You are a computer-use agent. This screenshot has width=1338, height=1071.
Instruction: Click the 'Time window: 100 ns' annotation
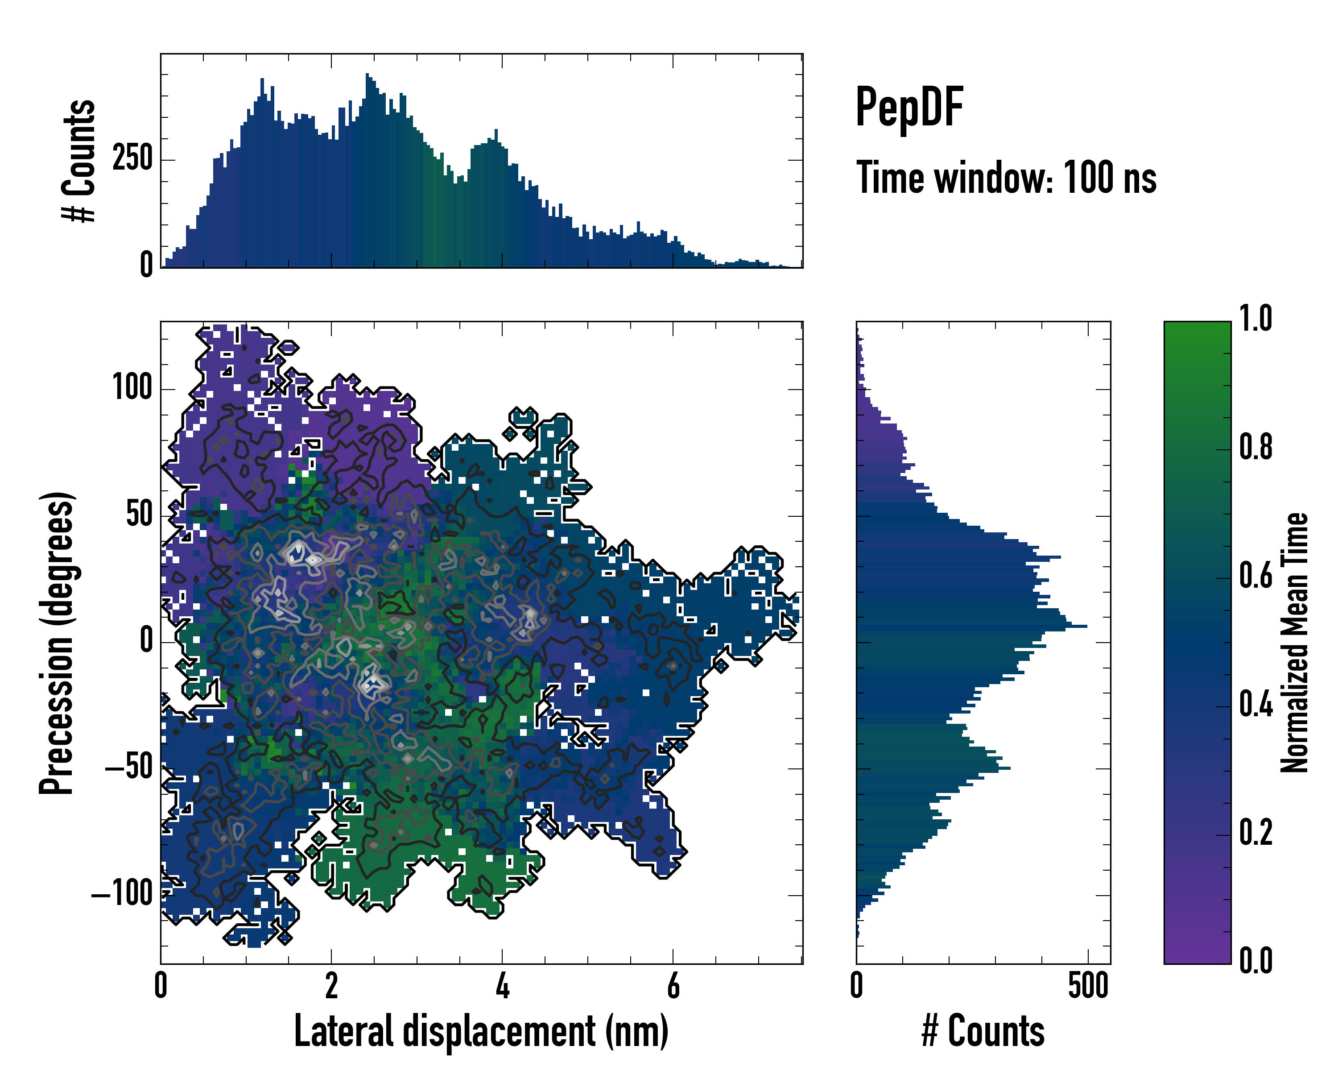pyautogui.click(x=1006, y=178)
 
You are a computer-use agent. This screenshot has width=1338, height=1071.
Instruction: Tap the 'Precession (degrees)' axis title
pyautogui.click(x=57, y=643)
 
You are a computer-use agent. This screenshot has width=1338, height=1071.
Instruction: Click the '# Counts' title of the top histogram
pyautogui.click(x=79, y=160)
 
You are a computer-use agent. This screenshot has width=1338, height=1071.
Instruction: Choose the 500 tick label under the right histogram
pyautogui.click(x=1088, y=986)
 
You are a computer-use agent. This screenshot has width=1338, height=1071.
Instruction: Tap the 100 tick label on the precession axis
pyautogui.click(x=132, y=389)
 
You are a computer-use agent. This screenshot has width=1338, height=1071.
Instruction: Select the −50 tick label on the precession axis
pyautogui.click(x=129, y=768)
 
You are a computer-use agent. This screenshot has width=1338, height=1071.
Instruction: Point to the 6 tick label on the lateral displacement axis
pyautogui.click(x=673, y=986)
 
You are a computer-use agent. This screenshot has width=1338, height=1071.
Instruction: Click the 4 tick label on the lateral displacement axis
pyautogui.click(x=503, y=986)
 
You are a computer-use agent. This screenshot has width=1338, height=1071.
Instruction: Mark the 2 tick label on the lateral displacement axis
pyautogui.click(x=331, y=986)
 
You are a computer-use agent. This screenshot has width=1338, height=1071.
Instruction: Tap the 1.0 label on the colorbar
pyautogui.click(x=1255, y=319)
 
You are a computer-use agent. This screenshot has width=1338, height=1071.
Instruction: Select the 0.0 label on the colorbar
pyautogui.click(x=1255, y=960)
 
